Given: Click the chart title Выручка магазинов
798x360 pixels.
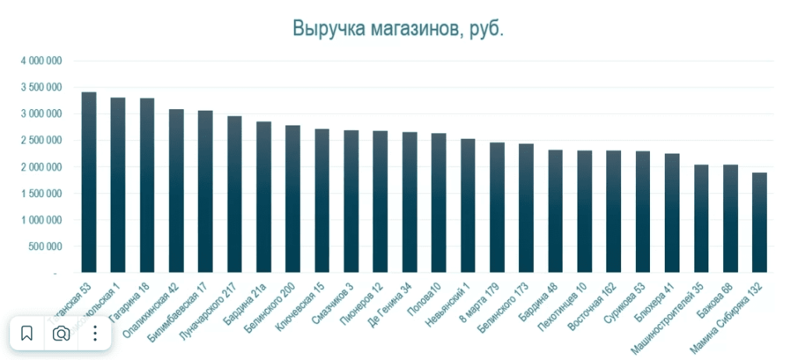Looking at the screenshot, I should point(398,29).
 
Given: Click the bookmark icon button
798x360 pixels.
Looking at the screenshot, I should point(26,334).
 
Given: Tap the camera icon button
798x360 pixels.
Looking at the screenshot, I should point(61,334).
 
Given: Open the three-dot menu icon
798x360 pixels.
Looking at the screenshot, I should point(95,334).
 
